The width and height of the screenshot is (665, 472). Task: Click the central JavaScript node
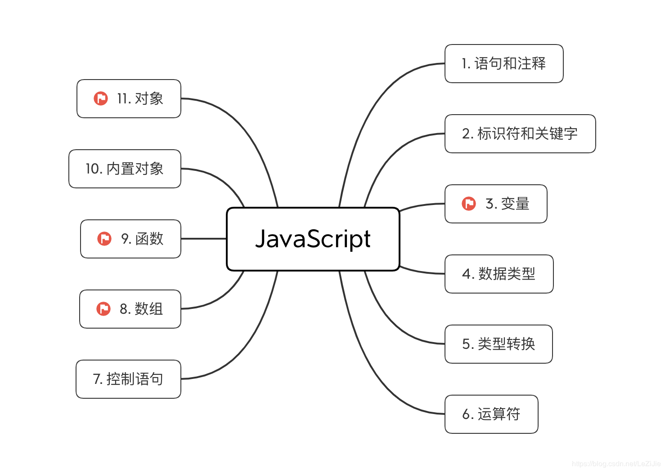(x=313, y=239)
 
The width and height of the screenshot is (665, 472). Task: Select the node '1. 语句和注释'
(x=504, y=63)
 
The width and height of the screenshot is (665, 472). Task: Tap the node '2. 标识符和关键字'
(x=520, y=134)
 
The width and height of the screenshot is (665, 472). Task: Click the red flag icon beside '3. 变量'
(x=469, y=204)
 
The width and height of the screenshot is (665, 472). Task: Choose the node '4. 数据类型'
(x=499, y=274)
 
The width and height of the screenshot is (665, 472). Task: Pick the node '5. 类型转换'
(x=499, y=344)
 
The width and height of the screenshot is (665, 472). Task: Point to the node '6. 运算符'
(x=491, y=414)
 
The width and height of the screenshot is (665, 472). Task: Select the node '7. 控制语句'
(x=128, y=379)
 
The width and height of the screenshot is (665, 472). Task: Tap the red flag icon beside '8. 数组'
(x=103, y=309)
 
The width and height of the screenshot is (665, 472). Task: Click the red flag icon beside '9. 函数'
(x=104, y=239)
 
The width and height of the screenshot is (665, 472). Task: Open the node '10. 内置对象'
(x=125, y=169)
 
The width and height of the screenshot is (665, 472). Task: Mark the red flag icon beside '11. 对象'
(x=101, y=98)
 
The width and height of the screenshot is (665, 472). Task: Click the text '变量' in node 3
(x=515, y=204)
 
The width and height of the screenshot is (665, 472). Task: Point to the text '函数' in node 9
(x=149, y=239)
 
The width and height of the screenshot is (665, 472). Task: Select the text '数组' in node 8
(x=149, y=309)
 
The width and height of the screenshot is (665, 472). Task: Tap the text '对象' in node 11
(x=149, y=98)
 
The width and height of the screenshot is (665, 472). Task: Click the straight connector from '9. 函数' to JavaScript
(x=203, y=239)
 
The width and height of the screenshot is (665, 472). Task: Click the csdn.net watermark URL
(x=616, y=463)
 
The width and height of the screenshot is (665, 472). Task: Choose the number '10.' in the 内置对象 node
(x=94, y=169)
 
